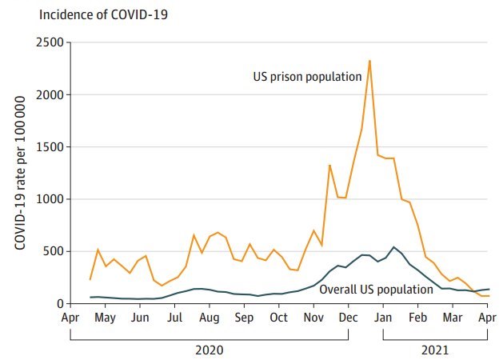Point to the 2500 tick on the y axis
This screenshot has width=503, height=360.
click(50, 42)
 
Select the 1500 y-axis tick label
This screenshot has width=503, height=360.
click(50, 147)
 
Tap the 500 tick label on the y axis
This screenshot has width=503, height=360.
click(53, 251)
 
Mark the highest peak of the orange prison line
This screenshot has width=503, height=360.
click(369, 61)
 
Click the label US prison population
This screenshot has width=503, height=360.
click(307, 77)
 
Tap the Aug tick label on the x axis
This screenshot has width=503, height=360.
click(209, 318)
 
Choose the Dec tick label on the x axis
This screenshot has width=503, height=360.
click(348, 318)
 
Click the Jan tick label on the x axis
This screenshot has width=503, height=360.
click(383, 318)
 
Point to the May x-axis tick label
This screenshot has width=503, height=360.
click(105, 318)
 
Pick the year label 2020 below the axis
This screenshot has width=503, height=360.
click(209, 350)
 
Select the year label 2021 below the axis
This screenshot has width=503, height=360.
click(435, 350)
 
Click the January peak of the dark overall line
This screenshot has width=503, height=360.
click(393, 247)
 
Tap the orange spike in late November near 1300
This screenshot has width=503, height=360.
click(329, 166)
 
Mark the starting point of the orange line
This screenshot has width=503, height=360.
click(90, 279)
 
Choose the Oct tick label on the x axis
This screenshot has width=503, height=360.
click(278, 318)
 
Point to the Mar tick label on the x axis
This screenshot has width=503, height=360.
click(453, 318)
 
